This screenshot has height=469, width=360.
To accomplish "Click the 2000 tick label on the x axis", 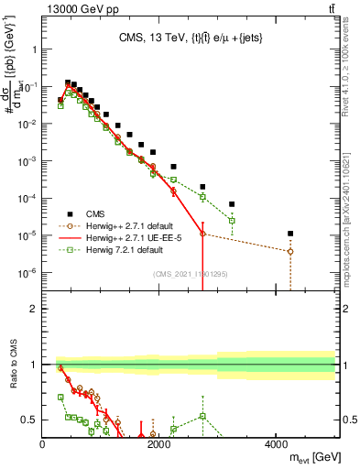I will (x=159, y=444).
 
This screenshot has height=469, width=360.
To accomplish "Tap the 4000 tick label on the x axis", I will (x=276, y=444).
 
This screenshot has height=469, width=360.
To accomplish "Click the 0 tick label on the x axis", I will (x=43, y=444).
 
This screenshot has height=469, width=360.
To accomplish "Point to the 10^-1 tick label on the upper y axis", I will (x=29, y=85).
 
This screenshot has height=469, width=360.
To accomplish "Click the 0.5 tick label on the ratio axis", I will (x=29, y=420).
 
